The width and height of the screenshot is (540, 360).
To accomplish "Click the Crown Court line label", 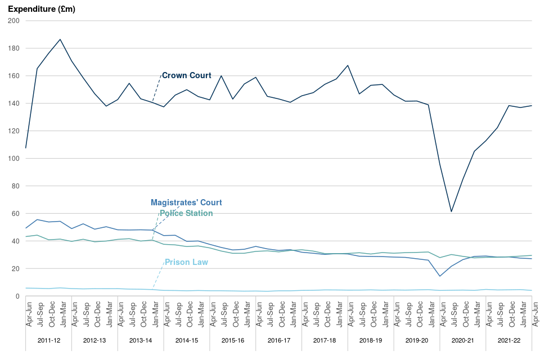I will pos(186,75).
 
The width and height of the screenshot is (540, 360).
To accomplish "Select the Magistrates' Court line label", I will pos(186,202).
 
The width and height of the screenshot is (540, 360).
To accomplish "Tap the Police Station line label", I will pos(186,213).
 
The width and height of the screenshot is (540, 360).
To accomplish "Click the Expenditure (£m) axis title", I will pos(42,9).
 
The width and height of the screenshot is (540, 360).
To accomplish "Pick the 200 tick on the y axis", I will pos(13,21).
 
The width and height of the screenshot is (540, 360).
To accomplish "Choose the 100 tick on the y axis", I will pos(13,159).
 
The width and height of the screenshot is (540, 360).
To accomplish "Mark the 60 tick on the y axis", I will pos(15,214).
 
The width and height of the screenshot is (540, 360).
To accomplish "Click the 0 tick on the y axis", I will pos(17,296).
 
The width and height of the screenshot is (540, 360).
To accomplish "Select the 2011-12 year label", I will pos(48,341).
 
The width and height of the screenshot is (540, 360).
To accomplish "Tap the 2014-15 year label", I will pos(187,341).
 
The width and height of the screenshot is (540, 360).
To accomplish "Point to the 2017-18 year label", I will pos(325,341).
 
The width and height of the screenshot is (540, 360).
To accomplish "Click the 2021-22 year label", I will pos(510,341).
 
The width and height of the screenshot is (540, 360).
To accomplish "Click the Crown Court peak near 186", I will pos(60,39).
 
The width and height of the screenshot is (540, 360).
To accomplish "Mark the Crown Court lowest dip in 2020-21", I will pos(451,211).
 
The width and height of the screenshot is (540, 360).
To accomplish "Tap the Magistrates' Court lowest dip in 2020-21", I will pos(440,276).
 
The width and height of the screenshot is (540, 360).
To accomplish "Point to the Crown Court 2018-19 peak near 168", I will pos(348,65).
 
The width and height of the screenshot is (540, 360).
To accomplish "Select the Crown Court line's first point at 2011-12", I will pos(26,148).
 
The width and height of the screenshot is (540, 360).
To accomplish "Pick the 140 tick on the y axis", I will pos(13,103).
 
